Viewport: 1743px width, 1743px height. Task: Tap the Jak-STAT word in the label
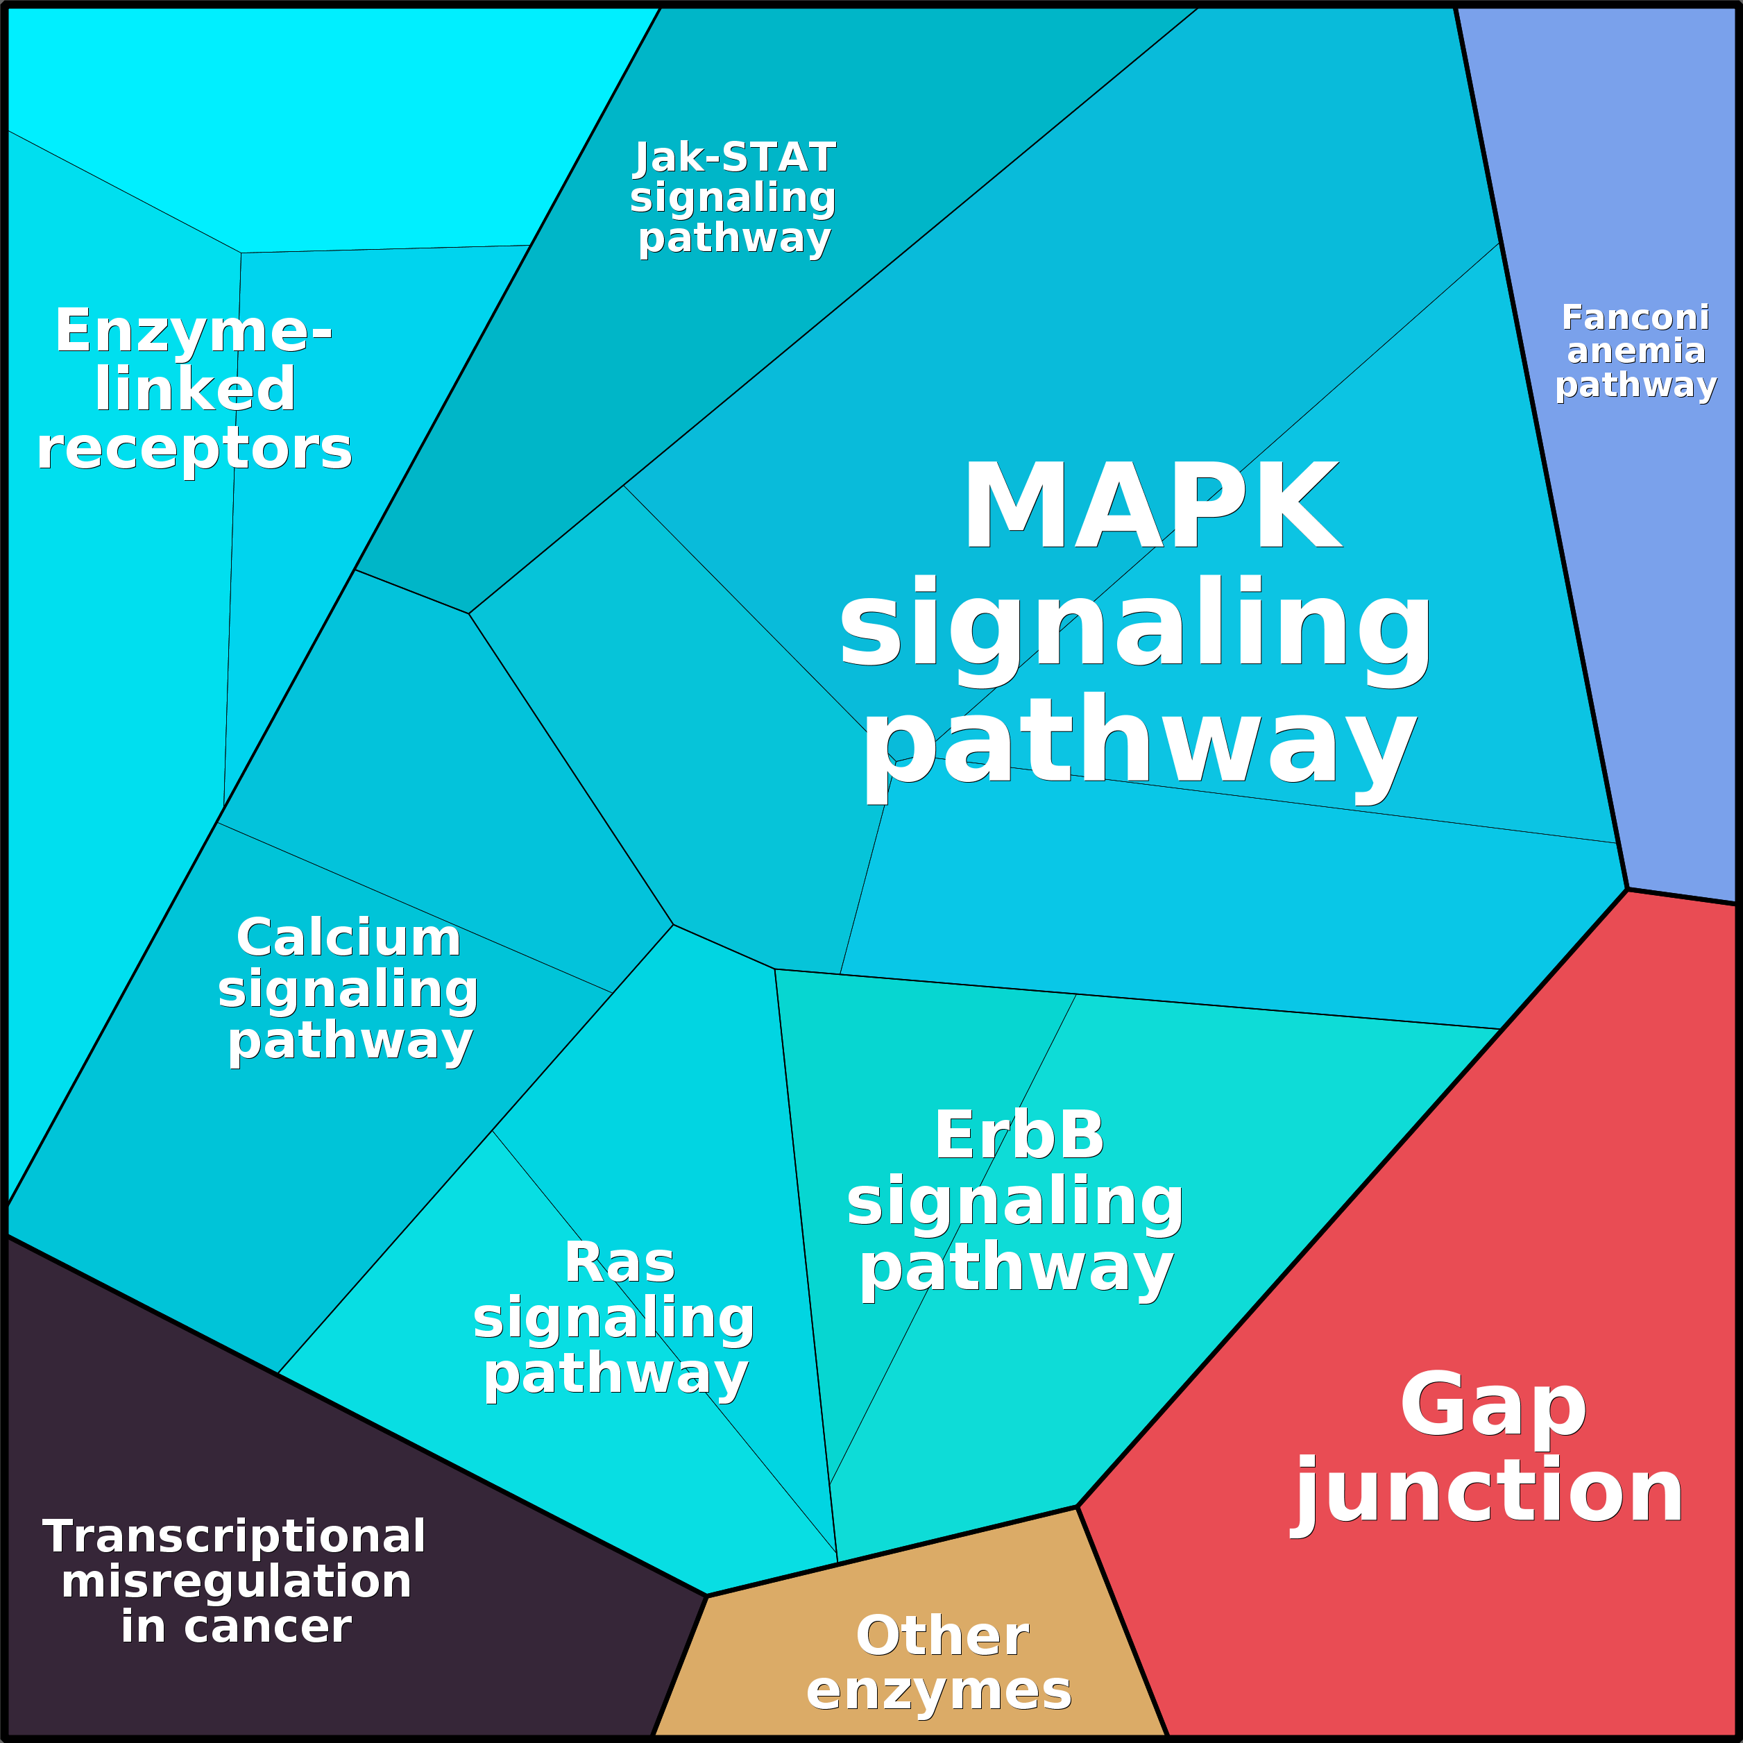coord(734,158)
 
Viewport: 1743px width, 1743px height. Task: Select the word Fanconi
coord(1635,318)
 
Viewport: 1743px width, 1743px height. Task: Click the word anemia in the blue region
coord(1635,351)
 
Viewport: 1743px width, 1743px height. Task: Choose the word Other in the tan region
coord(942,1635)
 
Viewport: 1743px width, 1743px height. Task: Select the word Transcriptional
coord(234,1536)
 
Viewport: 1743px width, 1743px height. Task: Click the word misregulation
coord(235,1581)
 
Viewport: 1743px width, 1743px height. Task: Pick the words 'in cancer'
coord(235,1626)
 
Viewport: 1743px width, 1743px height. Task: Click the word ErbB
coord(1019,1135)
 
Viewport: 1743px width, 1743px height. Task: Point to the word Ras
coord(620,1262)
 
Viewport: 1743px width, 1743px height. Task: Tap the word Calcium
coord(348,938)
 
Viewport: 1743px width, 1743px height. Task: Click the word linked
coord(195,390)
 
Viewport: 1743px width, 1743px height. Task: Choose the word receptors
coord(194,448)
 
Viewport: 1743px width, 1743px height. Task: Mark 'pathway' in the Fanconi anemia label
coord(1635,385)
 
